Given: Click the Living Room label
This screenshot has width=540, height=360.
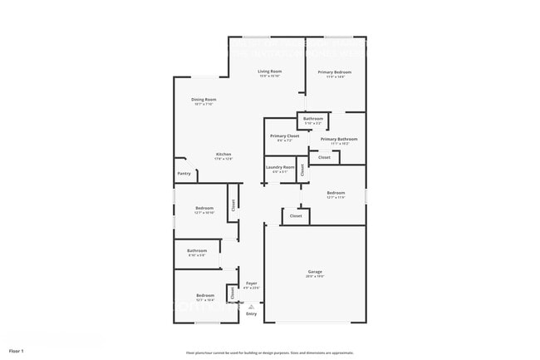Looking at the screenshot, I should point(270,73).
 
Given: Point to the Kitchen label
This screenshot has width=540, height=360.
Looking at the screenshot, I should point(223,155).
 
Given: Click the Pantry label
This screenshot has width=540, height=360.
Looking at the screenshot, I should point(184,174).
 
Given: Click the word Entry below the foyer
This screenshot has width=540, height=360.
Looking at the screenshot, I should point(251,313).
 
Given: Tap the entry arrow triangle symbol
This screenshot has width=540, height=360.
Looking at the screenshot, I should point(251,305).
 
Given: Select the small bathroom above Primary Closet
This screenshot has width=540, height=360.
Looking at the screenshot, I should point(313,121).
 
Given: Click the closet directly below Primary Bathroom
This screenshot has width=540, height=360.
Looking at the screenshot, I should point(324,156).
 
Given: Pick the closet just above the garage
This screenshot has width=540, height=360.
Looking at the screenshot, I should point(295,215).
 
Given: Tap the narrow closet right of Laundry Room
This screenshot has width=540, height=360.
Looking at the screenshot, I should point(302,170).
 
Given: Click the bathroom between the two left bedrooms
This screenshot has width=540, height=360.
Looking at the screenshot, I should point(197,252).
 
